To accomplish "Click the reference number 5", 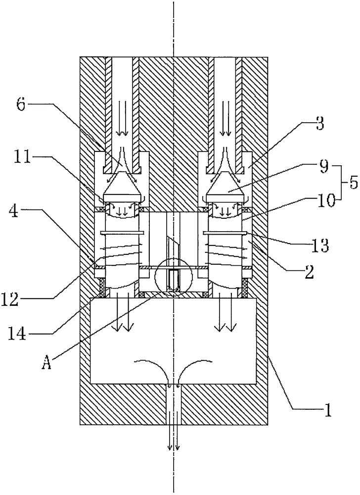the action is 353,182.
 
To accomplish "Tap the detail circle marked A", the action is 173,277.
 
